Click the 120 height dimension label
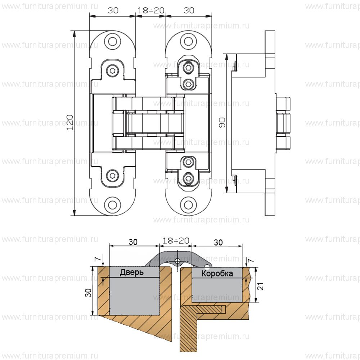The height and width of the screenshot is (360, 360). click(71, 122)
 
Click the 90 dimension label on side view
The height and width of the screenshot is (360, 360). click(222, 125)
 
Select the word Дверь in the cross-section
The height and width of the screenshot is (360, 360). click(132, 273)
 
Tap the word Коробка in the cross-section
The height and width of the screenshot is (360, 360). click(217, 274)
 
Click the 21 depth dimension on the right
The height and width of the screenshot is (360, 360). click(262, 286)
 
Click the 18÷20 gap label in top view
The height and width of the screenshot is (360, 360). click(151, 10)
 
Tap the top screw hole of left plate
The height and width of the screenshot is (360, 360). click(113, 41)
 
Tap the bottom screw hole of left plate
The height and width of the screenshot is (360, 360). click(113, 205)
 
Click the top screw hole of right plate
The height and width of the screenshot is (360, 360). click(188, 41)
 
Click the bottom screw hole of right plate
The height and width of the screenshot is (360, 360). click(188, 205)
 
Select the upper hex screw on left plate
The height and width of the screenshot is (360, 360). click(113, 70)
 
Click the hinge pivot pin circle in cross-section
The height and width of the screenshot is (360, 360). click(177, 261)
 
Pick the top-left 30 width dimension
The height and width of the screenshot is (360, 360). click(113, 10)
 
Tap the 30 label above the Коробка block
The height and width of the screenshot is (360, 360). click(218, 242)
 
